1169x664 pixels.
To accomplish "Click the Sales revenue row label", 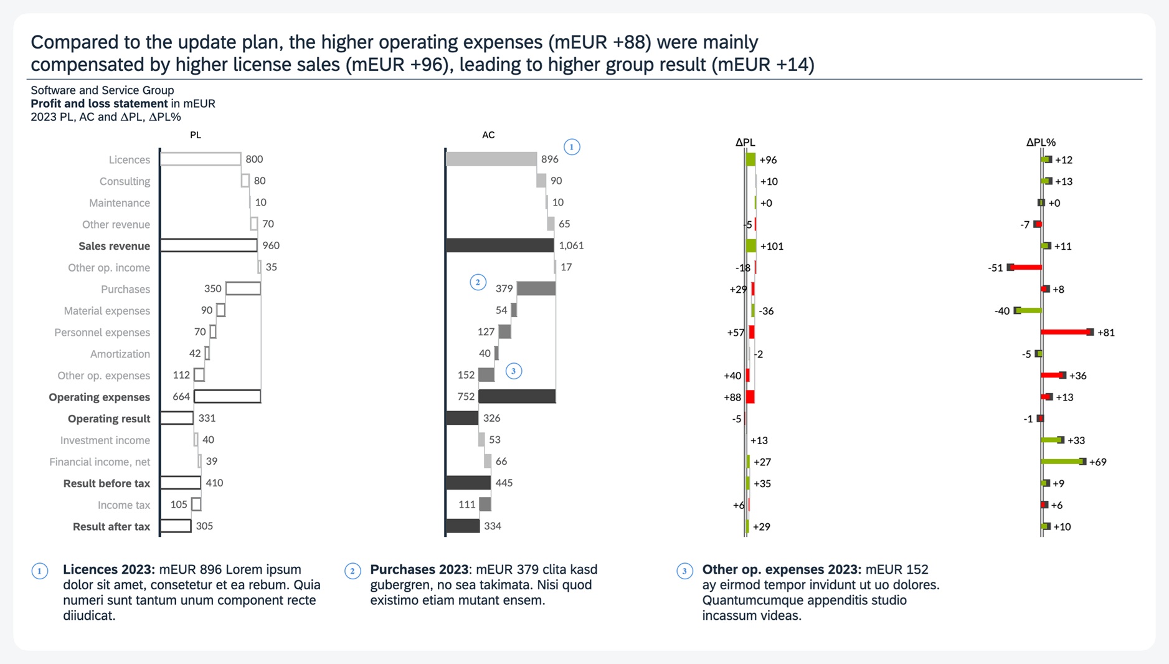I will [x=114, y=246].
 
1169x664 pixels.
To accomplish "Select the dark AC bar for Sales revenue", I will [x=500, y=245].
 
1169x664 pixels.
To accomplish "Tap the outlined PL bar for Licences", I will [x=201, y=159].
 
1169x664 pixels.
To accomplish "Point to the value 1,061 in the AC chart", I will [x=571, y=245].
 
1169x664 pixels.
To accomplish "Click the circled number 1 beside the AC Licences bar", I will [x=572, y=147].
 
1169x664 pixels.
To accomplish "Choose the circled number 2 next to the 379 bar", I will [x=478, y=282].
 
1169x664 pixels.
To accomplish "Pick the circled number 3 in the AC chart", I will [x=513, y=371].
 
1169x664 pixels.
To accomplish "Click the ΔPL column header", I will [x=745, y=143].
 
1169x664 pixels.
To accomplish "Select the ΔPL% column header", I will [x=1041, y=143].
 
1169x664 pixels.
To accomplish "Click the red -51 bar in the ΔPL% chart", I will [x=1025, y=267].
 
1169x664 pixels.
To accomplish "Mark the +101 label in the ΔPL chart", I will [x=772, y=247].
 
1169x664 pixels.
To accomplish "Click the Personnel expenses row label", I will [x=102, y=333].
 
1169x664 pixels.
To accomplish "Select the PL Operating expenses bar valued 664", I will [x=227, y=396].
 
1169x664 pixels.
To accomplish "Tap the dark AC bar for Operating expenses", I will [x=517, y=396].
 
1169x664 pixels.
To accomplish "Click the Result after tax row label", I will [x=111, y=527].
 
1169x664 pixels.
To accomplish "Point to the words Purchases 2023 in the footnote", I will [x=419, y=570].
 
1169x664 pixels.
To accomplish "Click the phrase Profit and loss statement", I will [x=99, y=103].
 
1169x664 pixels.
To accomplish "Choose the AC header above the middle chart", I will [x=488, y=135].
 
